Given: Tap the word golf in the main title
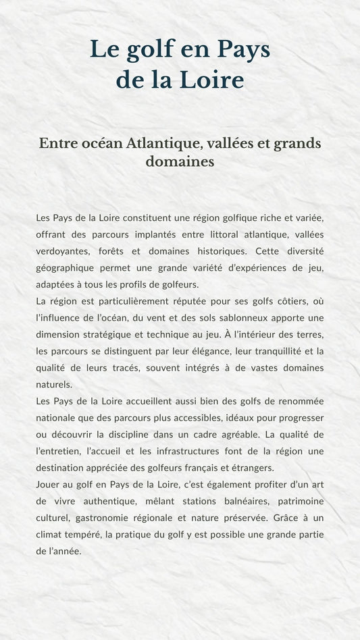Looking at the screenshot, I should [x=143, y=50].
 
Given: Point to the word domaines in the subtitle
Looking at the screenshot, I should [x=180, y=162].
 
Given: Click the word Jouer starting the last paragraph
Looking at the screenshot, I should [x=49, y=484].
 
